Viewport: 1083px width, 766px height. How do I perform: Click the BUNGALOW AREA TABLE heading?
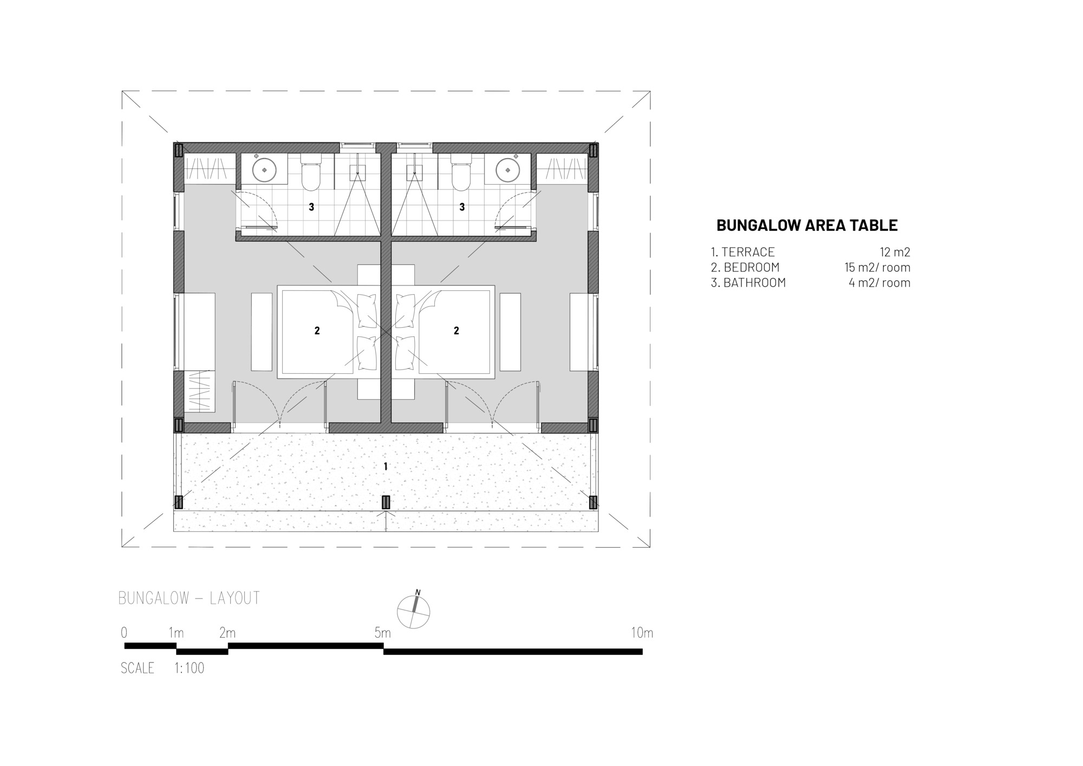tap(806, 225)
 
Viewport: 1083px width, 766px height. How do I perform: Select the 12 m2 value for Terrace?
tap(895, 252)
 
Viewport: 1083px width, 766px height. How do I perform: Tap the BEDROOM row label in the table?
tap(751, 267)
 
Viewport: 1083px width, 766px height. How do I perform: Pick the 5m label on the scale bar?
tap(382, 632)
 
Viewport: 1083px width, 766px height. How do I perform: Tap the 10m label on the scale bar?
tap(642, 632)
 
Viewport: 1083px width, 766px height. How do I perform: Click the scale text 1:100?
tap(189, 668)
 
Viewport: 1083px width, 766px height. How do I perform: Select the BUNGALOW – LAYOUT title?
tap(189, 598)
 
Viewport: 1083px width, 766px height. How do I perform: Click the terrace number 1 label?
tap(386, 466)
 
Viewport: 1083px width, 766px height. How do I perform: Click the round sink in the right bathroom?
tap(507, 170)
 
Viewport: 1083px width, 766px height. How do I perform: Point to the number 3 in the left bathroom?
tap(311, 206)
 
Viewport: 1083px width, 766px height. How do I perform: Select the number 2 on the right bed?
tap(456, 330)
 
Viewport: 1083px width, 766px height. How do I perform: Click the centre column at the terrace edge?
tap(386, 502)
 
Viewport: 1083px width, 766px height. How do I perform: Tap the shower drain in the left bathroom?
tap(357, 173)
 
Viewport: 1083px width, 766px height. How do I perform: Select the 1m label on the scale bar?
tap(176, 632)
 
